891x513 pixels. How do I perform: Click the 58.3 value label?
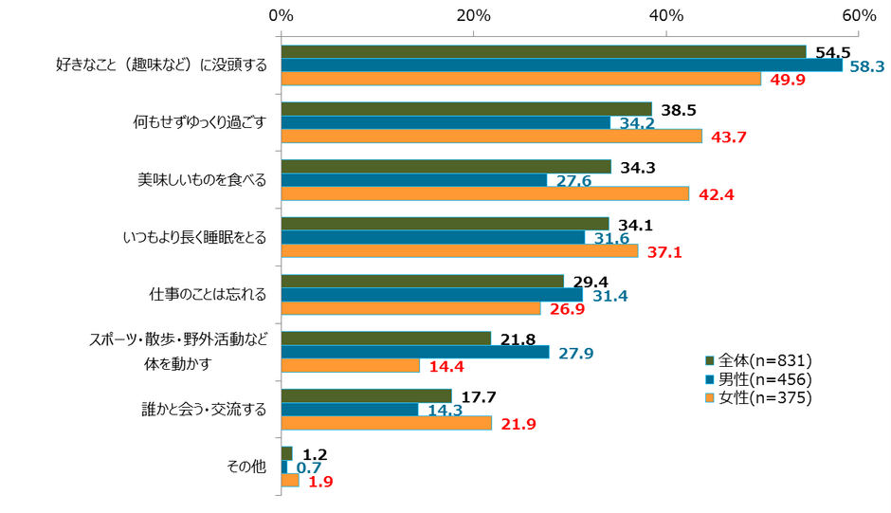click(865, 66)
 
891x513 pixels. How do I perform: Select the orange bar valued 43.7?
click(491, 136)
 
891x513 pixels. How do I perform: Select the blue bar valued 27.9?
click(415, 352)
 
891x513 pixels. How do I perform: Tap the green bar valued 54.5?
click(543, 52)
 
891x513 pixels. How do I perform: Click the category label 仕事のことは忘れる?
click(208, 295)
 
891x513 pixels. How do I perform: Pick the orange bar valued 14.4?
click(351, 365)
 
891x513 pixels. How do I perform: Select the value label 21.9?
click(517, 424)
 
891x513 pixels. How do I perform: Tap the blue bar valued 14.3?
click(350, 410)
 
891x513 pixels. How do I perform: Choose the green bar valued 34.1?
click(445, 224)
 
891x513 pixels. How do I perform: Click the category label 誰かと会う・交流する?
click(204, 410)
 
